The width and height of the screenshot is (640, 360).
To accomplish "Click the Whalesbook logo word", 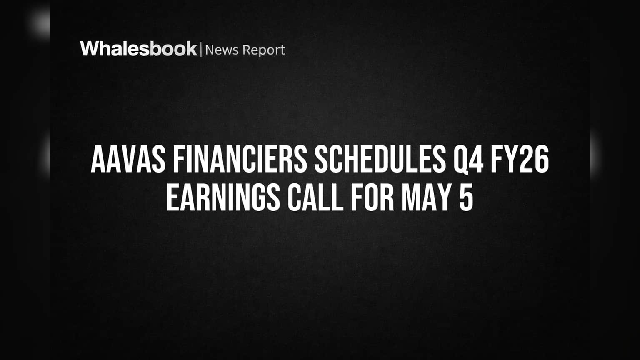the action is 139,49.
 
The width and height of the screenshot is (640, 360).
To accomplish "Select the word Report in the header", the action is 264,50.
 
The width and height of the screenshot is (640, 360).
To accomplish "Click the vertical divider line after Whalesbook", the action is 201,49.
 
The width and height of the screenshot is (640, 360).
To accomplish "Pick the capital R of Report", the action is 247,50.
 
